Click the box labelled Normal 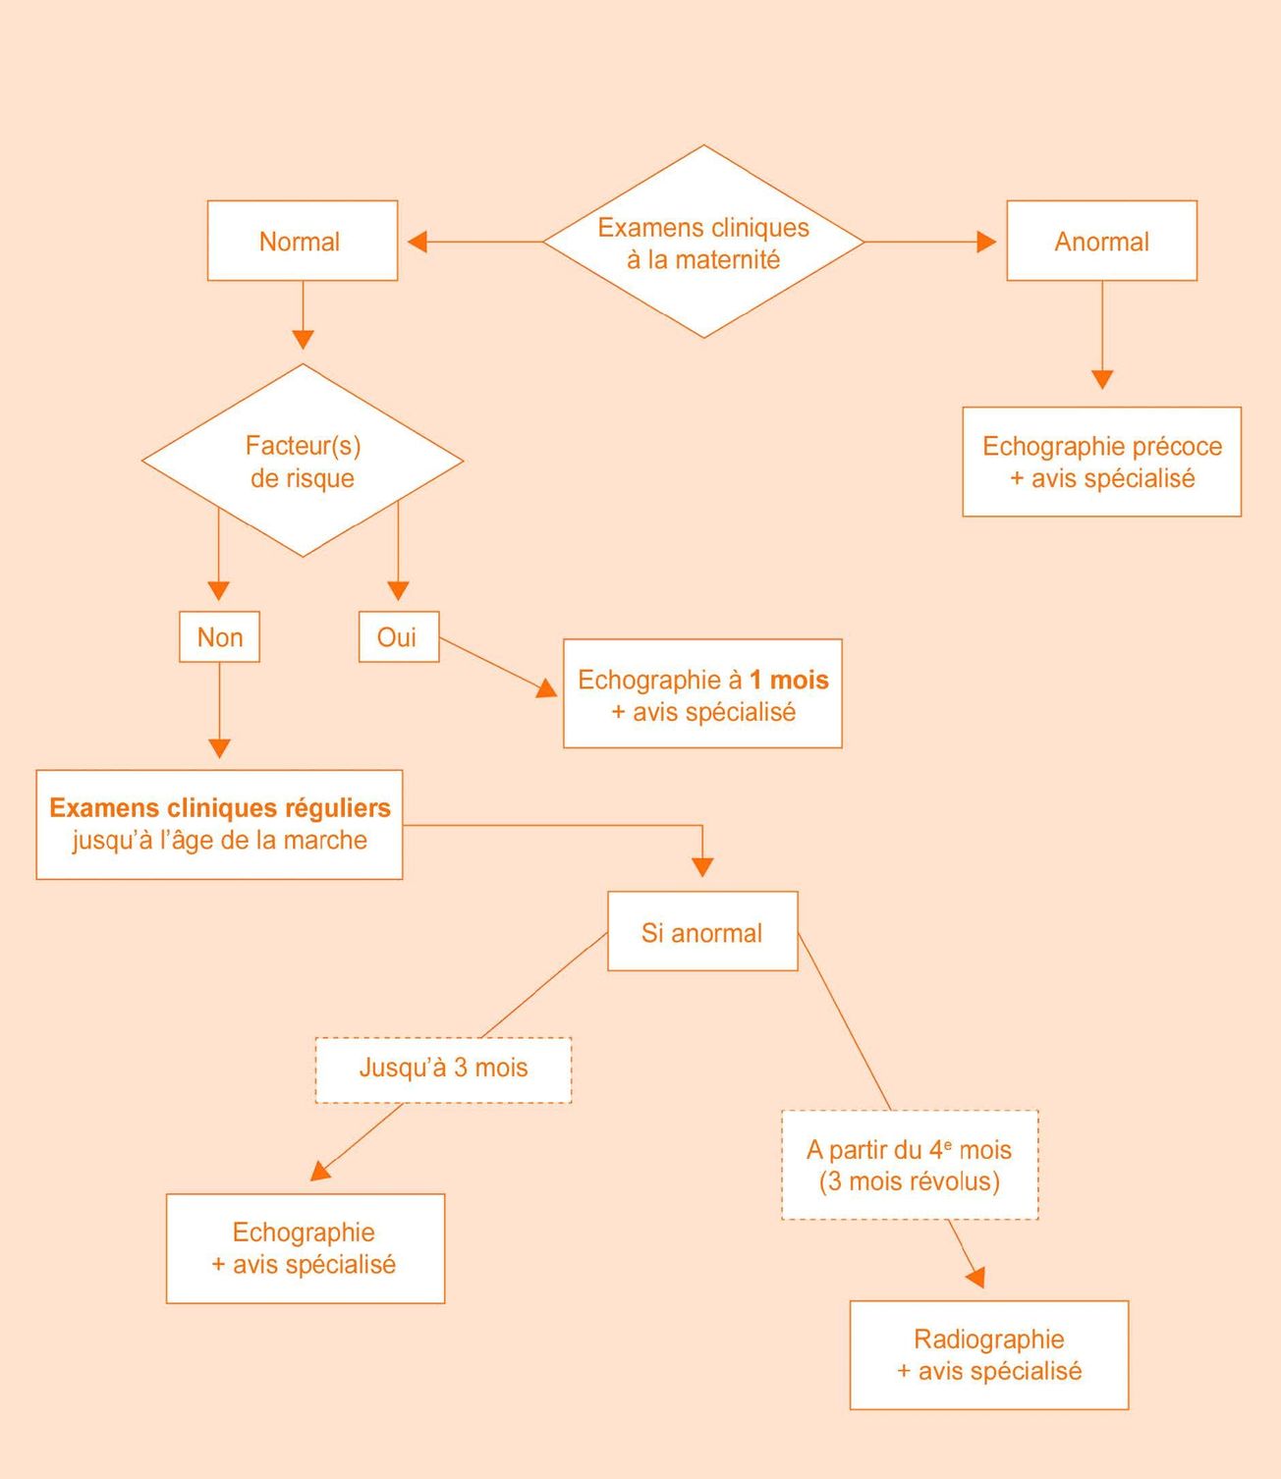click(302, 241)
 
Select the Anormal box click(1101, 241)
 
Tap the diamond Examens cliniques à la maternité click(703, 243)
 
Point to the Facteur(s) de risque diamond click(303, 461)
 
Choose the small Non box click(219, 637)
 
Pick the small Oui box click(398, 637)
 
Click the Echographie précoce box click(1101, 462)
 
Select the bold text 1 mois click(789, 680)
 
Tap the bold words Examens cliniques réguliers click(220, 807)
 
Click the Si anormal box click(702, 932)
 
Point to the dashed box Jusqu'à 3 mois click(443, 1068)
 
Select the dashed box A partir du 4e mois click(910, 1165)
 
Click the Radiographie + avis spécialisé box click(988, 1355)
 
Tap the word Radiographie click(988, 1340)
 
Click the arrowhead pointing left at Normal click(418, 242)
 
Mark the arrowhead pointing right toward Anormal click(986, 242)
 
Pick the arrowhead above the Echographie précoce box click(1102, 379)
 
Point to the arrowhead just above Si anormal click(702, 867)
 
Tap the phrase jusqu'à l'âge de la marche click(220, 841)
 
